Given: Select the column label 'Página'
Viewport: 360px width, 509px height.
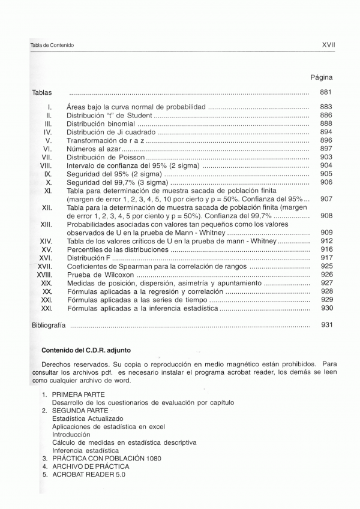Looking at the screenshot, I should tap(321, 77).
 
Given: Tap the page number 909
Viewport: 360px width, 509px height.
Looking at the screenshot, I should tap(326, 233).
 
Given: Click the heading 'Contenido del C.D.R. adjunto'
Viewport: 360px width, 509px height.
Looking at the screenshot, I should tap(86, 350).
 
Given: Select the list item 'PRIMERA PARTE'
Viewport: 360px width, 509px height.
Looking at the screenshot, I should tap(78, 394).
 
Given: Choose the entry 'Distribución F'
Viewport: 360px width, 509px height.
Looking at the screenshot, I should tap(89, 258).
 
